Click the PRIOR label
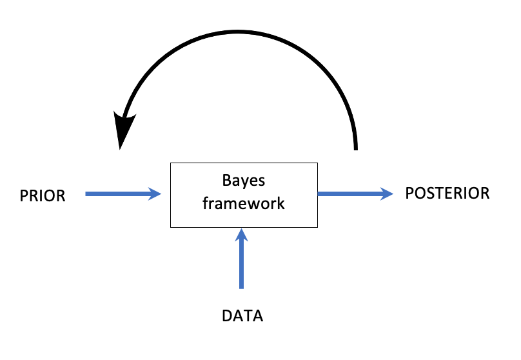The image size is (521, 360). tap(43, 195)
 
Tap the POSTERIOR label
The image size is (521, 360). tap(447, 193)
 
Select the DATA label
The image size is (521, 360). tap(242, 317)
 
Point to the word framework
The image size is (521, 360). tap(243, 204)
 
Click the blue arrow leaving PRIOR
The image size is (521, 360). tap(119, 193)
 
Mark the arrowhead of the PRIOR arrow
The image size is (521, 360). tap(155, 193)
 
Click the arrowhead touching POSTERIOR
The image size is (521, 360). tap(387, 193)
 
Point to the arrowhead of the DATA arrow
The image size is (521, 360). tap(242, 234)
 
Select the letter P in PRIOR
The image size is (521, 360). tap(23, 195)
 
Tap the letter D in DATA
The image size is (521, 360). tap(226, 317)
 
